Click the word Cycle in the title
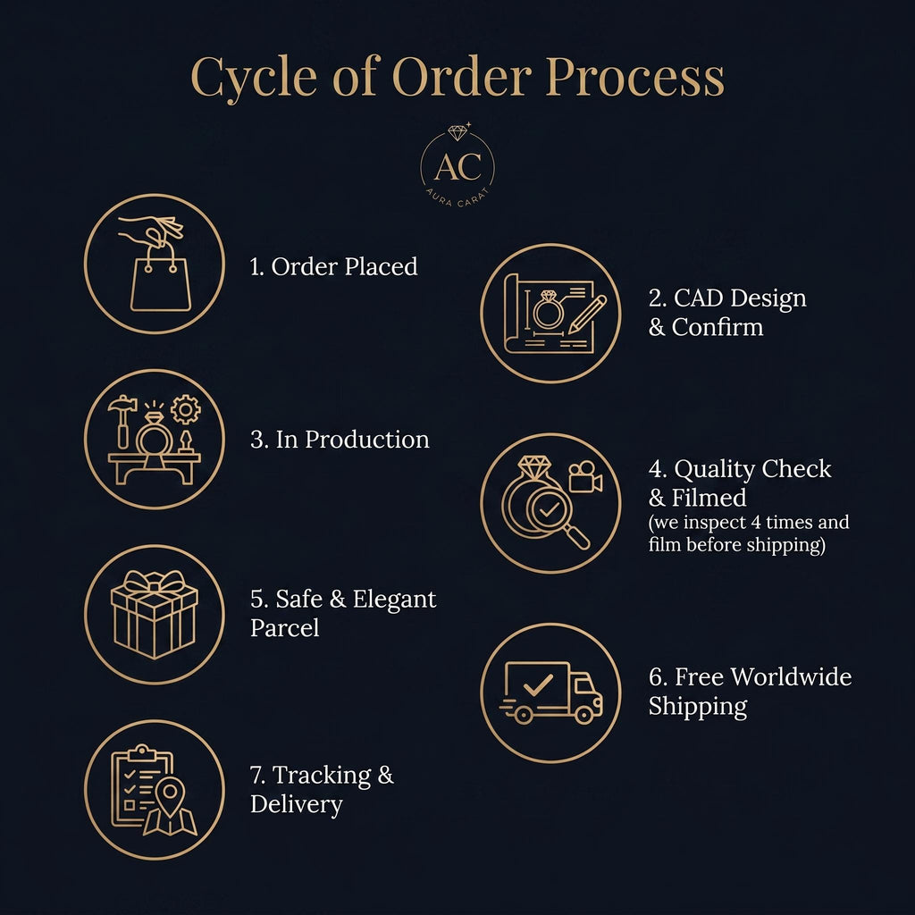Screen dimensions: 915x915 254,78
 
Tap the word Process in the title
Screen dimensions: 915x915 635,77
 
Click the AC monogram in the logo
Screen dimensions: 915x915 458,166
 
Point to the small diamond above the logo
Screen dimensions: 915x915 457,132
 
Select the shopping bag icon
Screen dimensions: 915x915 161,279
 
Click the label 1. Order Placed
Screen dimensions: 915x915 334,266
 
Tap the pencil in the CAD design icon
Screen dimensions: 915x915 587,315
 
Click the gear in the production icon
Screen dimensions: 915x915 186,409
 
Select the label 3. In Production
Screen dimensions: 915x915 340,440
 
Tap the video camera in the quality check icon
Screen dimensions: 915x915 585,477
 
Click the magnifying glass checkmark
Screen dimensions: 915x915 549,510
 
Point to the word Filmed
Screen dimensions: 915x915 709,498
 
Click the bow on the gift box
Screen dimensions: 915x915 155,582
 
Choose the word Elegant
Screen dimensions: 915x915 394,600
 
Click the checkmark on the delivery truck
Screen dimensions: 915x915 538,684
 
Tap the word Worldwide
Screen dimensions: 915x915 791,677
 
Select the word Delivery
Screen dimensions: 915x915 297,805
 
